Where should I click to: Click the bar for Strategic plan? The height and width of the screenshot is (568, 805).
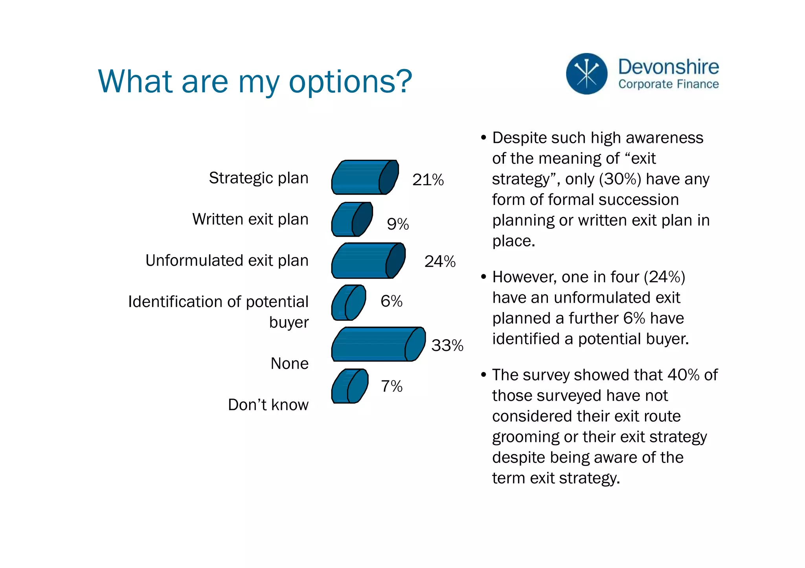364,177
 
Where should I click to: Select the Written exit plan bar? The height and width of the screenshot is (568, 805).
351,220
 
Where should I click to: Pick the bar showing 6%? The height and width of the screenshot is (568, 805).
347,303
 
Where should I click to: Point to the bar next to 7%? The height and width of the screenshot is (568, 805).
349,386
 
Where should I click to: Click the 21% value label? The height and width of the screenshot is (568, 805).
428,180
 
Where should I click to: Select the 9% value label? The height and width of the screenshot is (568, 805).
398,224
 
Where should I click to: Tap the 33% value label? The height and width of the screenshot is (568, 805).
447,345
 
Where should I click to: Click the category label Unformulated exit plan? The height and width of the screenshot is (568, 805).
227,261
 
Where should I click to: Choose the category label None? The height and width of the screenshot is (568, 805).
289,363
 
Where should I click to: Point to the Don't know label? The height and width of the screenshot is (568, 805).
268,405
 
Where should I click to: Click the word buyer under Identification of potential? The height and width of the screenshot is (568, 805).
289,322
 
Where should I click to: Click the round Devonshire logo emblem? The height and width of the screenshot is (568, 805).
586,74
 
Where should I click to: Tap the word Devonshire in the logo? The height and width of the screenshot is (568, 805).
668,67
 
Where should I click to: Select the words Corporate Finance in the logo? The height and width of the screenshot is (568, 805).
668,84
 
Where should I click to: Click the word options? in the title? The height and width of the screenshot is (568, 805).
350,82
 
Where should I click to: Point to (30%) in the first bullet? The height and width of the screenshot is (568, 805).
620,179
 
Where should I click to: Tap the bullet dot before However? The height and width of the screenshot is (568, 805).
483,277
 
